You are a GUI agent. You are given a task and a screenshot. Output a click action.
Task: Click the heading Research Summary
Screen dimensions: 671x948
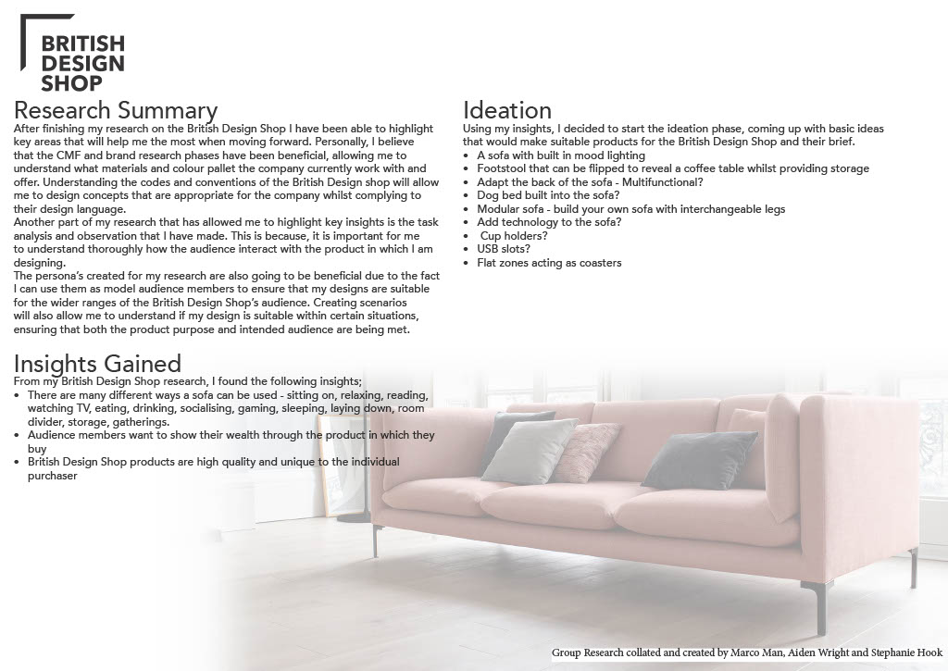116,111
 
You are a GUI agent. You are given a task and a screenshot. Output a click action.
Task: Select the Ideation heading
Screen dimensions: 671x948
507,111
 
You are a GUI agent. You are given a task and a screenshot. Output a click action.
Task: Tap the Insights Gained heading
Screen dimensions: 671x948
97,363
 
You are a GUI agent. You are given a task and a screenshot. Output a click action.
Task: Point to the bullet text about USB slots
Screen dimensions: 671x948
505,249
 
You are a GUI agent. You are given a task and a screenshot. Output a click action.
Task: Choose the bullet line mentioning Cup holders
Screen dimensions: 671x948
514,236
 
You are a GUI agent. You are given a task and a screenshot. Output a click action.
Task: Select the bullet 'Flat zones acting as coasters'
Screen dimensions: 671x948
549,263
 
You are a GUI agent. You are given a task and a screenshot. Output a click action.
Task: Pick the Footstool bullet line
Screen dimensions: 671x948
673,168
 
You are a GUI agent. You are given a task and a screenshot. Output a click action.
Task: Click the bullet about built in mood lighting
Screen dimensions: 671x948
561,155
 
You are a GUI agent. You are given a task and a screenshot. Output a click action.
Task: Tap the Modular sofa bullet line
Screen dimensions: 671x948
630,209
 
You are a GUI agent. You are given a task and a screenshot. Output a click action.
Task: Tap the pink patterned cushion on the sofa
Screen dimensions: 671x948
587,454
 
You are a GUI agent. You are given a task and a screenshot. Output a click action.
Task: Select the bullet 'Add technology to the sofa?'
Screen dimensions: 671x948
549,222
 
